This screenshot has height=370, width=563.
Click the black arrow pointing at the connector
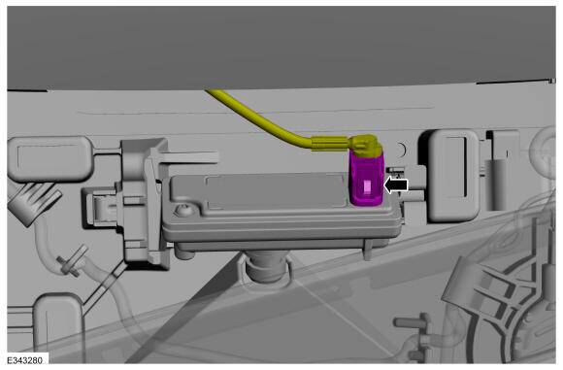[x=396, y=185]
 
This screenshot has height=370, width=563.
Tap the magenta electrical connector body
[x=366, y=179]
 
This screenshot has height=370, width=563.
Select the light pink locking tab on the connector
[x=367, y=187]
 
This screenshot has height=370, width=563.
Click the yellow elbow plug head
[x=365, y=146]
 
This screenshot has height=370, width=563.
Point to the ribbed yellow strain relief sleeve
[x=330, y=144]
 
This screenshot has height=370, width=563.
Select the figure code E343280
[x=25, y=360]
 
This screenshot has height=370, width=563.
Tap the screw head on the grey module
[x=184, y=210]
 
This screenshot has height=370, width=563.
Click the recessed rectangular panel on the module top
[x=276, y=191]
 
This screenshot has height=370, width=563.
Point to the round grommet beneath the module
[x=266, y=268]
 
